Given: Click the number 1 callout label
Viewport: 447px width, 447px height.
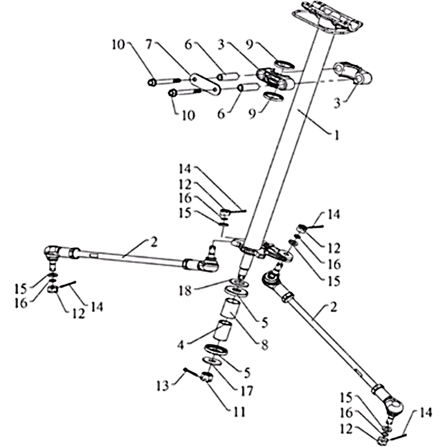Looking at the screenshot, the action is (337, 135).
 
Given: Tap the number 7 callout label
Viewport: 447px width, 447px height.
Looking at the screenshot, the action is (148, 45).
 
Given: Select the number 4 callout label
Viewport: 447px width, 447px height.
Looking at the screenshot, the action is (180, 346).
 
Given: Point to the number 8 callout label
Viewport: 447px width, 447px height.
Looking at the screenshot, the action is (264, 345).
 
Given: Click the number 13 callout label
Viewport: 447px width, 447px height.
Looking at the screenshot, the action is (163, 386).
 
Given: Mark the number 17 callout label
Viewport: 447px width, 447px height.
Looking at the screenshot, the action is (246, 391).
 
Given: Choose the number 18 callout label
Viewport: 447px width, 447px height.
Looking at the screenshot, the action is (186, 291).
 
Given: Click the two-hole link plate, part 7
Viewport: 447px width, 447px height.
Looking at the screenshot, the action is (205, 84).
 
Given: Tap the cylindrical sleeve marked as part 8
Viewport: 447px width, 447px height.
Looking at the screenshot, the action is (231, 308).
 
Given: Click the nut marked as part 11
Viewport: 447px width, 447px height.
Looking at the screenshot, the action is (207, 378).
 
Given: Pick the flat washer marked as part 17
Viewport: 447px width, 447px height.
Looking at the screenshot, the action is (213, 361).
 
